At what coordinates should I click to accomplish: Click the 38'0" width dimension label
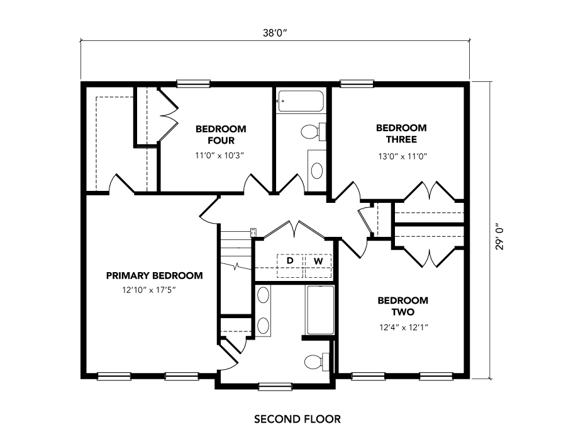click(x=274, y=33)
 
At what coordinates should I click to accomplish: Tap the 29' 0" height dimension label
click(x=499, y=238)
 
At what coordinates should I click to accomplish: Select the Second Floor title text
click(x=297, y=420)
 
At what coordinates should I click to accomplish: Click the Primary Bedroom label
click(x=155, y=276)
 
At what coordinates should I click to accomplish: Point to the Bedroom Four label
click(x=221, y=134)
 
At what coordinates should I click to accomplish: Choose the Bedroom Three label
click(x=401, y=134)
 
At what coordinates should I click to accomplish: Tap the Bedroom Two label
click(x=403, y=306)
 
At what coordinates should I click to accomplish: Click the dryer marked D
click(x=290, y=266)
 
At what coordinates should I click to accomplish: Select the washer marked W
click(x=318, y=266)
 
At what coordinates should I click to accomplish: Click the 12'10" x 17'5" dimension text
click(x=149, y=290)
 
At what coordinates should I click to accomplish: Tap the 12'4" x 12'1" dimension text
click(x=404, y=328)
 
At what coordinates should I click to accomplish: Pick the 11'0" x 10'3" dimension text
click(x=220, y=156)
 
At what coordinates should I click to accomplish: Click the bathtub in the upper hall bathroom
click(x=301, y=101)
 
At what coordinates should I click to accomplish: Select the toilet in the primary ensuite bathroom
click(x=317, y=362)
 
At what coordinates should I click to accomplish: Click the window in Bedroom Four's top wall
click(x=193, y=84)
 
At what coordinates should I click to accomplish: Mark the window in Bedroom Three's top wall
click(x=357, y=84)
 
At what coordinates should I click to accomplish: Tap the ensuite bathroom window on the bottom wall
click(x=275, y=387)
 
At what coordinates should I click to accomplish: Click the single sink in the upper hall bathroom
click(x=316, y=171)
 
